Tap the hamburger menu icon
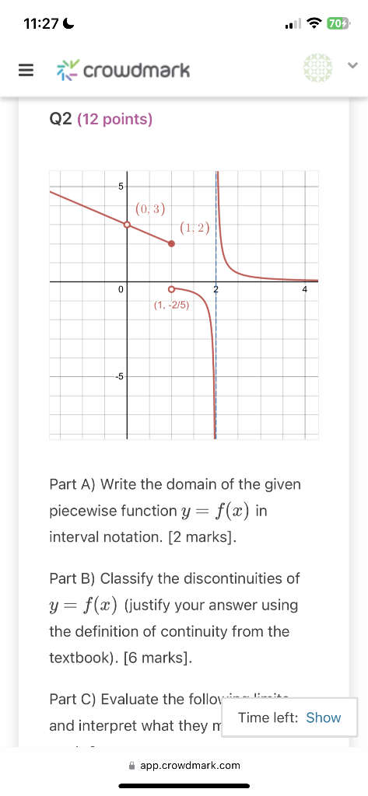point(26,71)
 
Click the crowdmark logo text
point(135,72)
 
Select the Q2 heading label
point(61,119)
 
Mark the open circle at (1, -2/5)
point(172,289)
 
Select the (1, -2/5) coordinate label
point(171,305)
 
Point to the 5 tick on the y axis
point(121,186)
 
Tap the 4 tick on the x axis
point(305,289)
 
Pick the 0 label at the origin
point(121,289)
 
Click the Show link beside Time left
point(323,717)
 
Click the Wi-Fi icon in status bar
point(314,23)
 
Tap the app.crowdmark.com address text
point(190,765)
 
